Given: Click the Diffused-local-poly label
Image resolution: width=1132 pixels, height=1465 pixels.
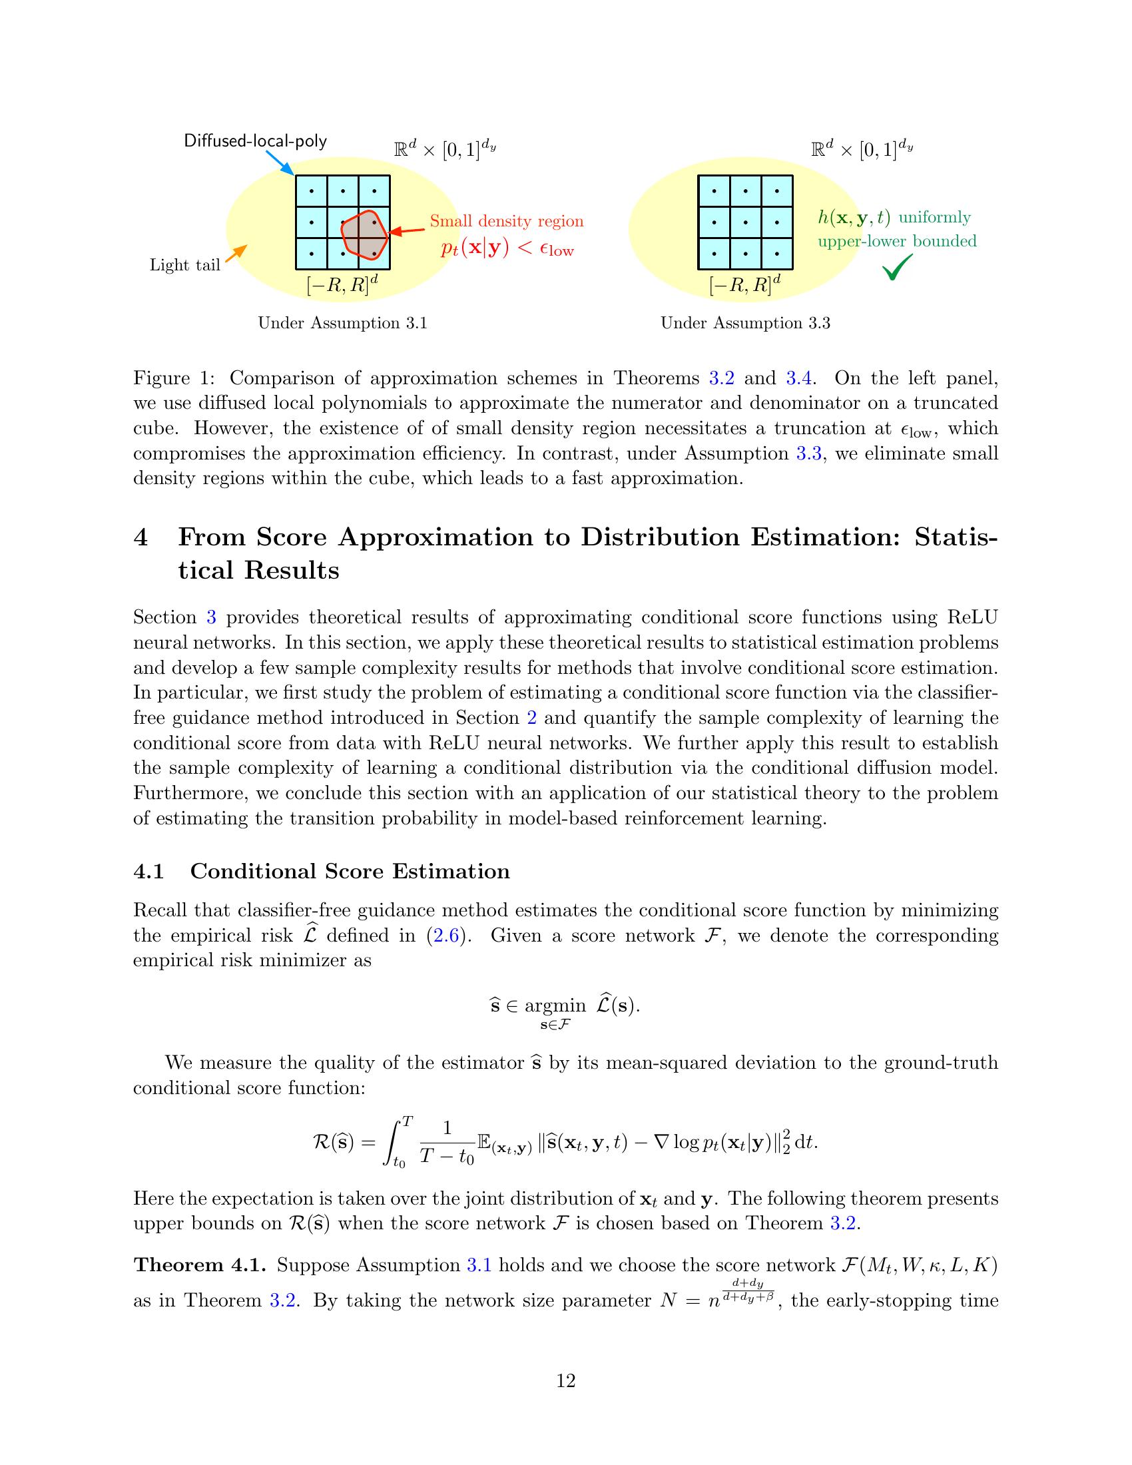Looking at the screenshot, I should (256, 141).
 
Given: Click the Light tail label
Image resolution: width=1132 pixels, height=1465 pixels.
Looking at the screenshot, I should (184, 266).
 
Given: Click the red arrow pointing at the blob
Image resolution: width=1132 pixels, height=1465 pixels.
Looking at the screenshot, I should (406, 232).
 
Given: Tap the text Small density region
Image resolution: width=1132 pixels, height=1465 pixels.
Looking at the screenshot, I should (506, 221).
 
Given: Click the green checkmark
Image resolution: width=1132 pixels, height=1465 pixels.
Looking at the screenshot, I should (898, 268).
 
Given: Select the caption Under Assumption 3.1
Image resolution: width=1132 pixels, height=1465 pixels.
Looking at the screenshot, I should (343, 324).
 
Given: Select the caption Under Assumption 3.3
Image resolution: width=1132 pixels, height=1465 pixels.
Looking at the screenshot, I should (745, 324).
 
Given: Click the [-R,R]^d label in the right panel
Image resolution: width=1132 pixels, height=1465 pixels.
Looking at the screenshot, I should (744, 285).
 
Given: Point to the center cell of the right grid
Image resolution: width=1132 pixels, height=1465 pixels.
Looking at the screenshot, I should (745, 222).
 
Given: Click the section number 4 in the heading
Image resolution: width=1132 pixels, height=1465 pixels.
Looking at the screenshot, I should (141, 537).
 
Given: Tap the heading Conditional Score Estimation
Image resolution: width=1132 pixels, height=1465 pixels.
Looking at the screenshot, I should (350, 871).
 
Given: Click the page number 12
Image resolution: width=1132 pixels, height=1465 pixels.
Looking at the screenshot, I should (565, 1380).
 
